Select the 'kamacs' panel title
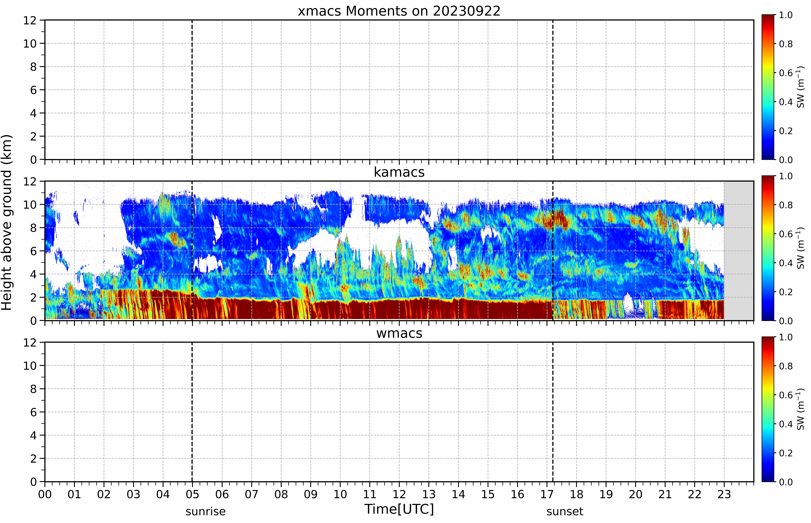click(399, 172)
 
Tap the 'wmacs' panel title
click(399, 333)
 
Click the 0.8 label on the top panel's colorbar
click(786, 44)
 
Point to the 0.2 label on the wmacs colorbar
click(786, 453)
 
